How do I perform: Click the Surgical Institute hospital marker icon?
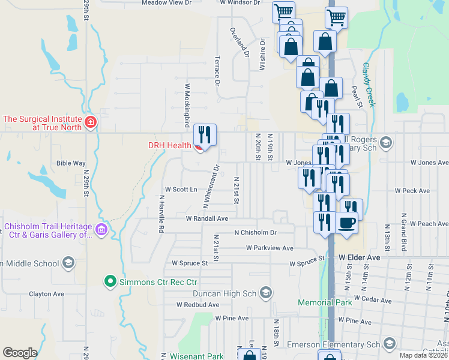coord(90,123)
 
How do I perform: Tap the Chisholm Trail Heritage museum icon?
coord(101,230)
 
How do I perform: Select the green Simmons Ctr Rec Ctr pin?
coord(110,281)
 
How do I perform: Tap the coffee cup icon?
coord(348,224)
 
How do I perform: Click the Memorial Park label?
coord(325,302)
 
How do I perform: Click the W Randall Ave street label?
coord(207,218)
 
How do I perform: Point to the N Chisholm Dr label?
coord(255,232)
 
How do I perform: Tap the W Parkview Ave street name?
coord(270,248)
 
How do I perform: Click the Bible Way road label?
coord(71,163)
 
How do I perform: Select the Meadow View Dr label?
coord(166,2)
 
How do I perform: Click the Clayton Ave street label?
coord(47,294)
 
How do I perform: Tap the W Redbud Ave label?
coord(197,305)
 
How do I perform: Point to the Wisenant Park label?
coord(197,356)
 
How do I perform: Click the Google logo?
coord(20,353)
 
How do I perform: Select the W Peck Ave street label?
coord(412,191)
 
